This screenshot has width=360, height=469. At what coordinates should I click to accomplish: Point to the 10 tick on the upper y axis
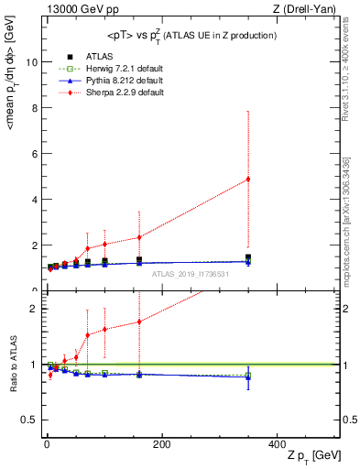coord(31,62)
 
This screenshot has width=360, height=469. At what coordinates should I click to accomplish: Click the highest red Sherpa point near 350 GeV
coord(247,179)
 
